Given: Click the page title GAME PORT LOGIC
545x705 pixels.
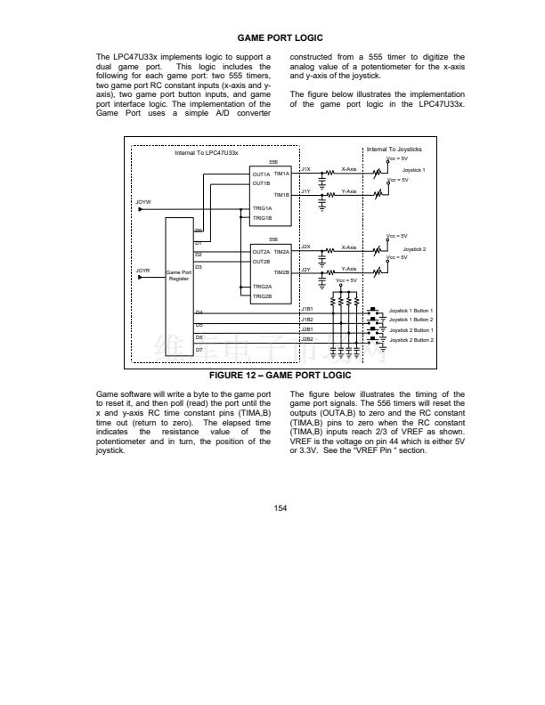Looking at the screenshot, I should pyautogui.click(x=280, y=37).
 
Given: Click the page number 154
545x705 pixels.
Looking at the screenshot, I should pyautogui.click(x=280, y=508).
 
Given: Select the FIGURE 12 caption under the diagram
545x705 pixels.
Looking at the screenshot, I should pyautogui.click(x=280, y=376).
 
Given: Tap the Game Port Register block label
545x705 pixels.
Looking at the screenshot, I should pyautogui.click(x=179, y=275).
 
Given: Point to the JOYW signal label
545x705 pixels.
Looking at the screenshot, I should pyautogui.click(x=142, y=203).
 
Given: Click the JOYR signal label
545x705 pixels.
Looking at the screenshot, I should pyautogui.click(x=142, y=268).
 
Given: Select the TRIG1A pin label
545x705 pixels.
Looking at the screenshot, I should pyautogui.click(x=262, y=208).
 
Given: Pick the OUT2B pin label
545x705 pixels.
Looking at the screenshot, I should pyautogui.click(x=261, y=262).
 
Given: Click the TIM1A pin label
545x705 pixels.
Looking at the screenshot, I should pyautogui.click(x=282, y=174).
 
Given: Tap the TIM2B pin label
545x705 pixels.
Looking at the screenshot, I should pyautogui.click(x=282, y=271).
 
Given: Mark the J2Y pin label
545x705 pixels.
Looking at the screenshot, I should pyautogui.click(x=305, y=269).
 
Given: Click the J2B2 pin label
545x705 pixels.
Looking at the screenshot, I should pyautogui.click(x=307, y=339).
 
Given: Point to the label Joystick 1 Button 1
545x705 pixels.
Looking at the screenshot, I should pyautogui.click(x=411, y=310).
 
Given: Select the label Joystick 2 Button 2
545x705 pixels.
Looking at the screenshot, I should pyautogui.click(x=411, y=339).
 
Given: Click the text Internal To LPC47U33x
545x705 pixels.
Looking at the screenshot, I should pyautogui.click(x=206, y=153).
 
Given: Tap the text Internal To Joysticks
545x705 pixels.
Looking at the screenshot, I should pyautogui.click(x=394, y=149).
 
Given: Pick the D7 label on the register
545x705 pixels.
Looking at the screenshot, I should pyautogui.click(x=199, y=349).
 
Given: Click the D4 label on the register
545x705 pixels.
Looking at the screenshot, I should pyautogui.click(x=199, y=312).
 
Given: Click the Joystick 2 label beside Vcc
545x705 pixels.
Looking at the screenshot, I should pyautogui.click(x=414, y=249).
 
